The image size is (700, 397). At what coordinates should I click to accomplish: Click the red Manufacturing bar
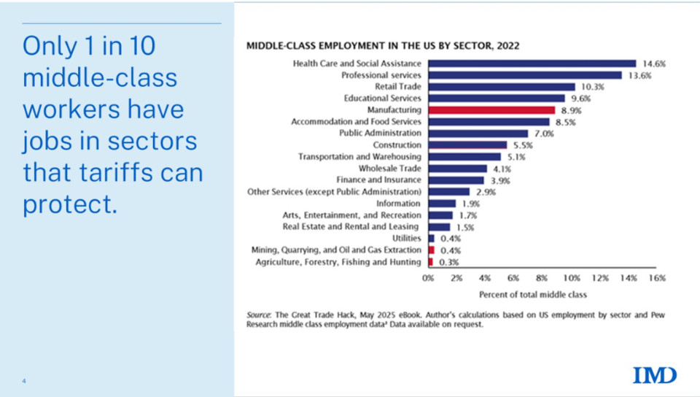pyautogui.click(x=491, y=110)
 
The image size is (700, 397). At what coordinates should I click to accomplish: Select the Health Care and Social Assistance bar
pyautogui.click(x=532, y=63)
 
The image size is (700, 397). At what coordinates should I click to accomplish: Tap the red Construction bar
pyautogui.click(x=467, y=145)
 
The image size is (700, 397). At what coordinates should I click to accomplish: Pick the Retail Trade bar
pyautogui.click(x=502, y=87)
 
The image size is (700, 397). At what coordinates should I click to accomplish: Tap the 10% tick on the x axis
pyautogui.click(x=571, y=278)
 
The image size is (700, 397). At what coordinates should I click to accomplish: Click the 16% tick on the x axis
pyautogui.click(x=656, y=278)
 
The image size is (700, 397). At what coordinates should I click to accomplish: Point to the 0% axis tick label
pyautogui.click(x=429, y=278)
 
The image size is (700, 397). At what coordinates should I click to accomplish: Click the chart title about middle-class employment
pyautogui.click(x=383, y=45)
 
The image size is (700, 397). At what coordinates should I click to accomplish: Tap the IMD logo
pyautogui.click(x=655, y=375)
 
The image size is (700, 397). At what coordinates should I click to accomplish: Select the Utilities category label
pyautogui.click(x=406, y=239)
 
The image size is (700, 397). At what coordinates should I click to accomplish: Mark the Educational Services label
pyautogui.click(x=382, y=99)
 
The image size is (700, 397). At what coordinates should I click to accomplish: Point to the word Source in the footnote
pyautogui.click(x=258, y=315)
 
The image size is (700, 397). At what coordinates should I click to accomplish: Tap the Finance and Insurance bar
pyautogui.click(x=456, y=180)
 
